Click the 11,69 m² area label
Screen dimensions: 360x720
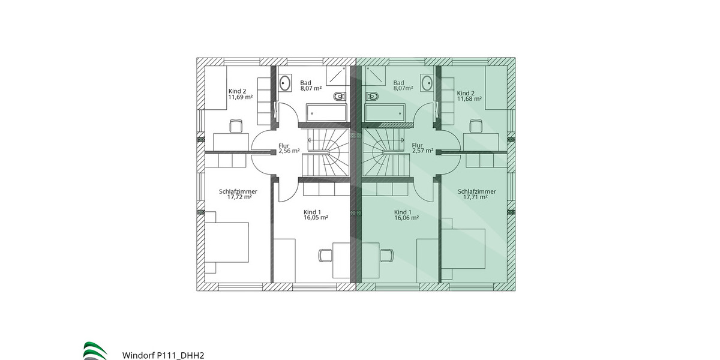[x=240, y=96]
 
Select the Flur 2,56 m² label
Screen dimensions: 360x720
[x=289, y=148]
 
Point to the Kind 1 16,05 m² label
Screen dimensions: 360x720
[x=316, y=215]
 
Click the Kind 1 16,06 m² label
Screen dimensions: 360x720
[x=406, y=215]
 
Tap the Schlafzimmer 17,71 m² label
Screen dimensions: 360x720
[x=472, y=194]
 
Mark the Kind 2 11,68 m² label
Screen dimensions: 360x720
[x=469, y=96]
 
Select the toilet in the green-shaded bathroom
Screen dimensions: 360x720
[x=372, y=96]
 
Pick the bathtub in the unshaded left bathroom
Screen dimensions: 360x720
[x=326, y=112]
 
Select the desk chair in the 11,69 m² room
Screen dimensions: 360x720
[x=236, y=125]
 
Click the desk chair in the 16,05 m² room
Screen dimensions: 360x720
[x=325, y=255]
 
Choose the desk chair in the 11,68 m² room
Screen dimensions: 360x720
[x=476, y=125]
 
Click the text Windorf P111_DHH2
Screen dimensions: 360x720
[x=163, y=355]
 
